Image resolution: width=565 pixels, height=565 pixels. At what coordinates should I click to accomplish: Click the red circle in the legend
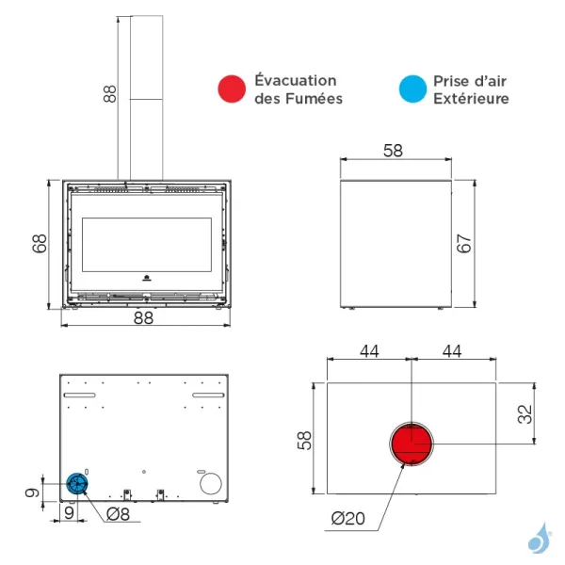click(x=232, y=89)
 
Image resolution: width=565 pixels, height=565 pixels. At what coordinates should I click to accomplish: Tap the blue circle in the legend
click(x=412, y=89)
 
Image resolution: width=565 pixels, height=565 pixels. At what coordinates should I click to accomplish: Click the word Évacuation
click(x=296, y=80)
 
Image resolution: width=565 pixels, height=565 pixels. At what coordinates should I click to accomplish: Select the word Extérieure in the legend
click(x=471, y=98)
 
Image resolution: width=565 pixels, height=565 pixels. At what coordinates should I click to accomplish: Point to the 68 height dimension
click(x=40, y=243)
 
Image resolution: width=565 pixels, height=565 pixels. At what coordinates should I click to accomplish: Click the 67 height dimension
click(x=463, y=243)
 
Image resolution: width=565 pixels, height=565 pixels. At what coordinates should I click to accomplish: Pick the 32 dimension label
click(x=525, y=414)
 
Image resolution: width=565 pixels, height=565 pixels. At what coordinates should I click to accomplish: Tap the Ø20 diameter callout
click(x=348, y=519)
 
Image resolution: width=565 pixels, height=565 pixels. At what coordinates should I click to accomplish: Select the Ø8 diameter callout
click(x=119, y=514)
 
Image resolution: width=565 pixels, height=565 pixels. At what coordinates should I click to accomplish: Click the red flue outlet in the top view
click(x=412, y=444)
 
